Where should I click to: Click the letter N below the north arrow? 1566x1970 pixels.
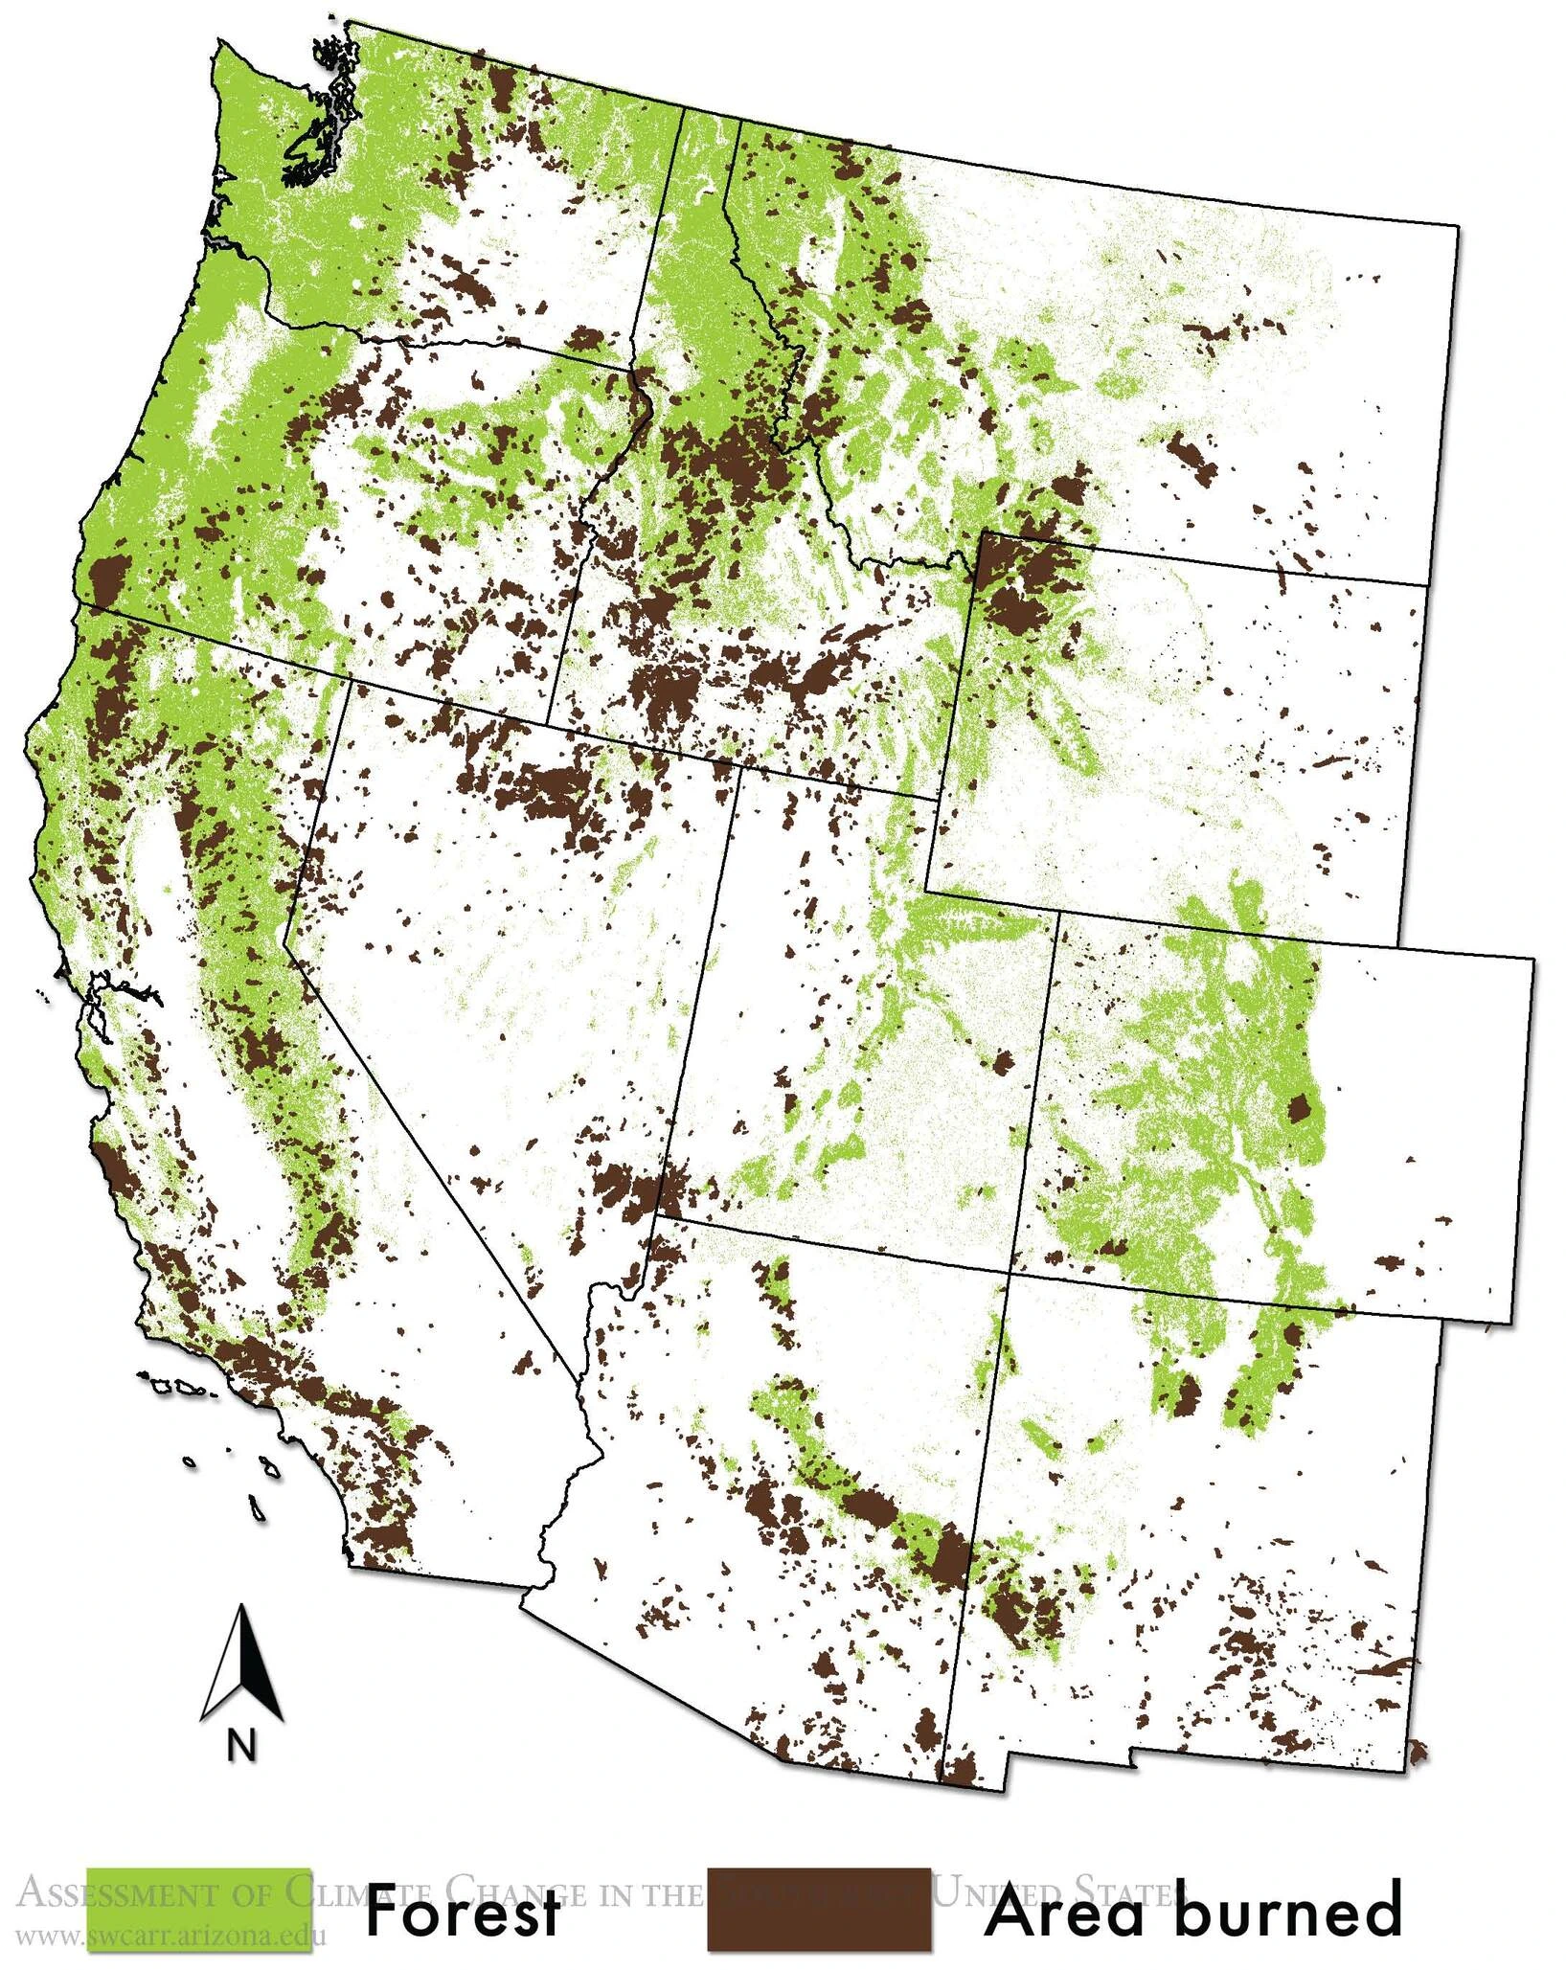point(241,1744)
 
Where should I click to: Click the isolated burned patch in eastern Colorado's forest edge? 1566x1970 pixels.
point(1299,1109)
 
